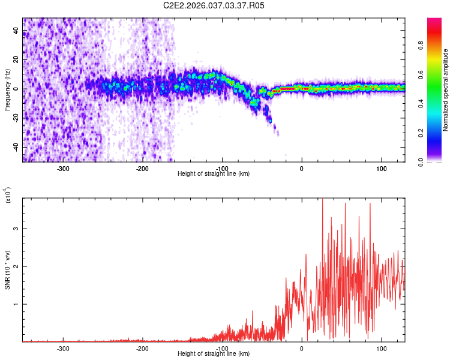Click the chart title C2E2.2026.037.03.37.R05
click(x=214, y=5)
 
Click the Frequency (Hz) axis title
click(x=7, y=90)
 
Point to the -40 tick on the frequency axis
click(x=16, y=148)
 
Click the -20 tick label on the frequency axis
click(x=16, y=118)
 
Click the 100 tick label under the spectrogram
click(x=380, y=169)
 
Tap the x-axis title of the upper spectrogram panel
click(x=214, y=174)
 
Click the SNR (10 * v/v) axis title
click(x=7, y=270)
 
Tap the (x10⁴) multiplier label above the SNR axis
click(x=8, y=195)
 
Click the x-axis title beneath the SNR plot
click(x=214, y=354)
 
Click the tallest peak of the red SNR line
click(x=323, y=200)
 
